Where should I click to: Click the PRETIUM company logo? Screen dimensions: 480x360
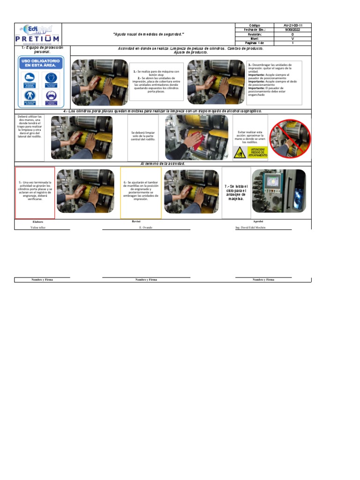pyautogui.click(x=37, y=35)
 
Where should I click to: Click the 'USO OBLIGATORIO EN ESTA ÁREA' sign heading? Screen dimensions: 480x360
pyautogui.click(x=40, y=63)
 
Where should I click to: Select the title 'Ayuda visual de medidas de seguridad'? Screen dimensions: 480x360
pyautogui.click(x=149, y=35)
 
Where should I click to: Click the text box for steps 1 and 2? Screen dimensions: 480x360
pyautogui.click(x=157, y=82)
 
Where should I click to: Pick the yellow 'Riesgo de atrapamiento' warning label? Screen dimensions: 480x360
pyautogui.click(x=250, y=152)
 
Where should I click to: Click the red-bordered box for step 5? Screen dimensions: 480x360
pyautogui.click(x=35, y=193)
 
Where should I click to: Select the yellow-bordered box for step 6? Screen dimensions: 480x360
pyautogui.click(x=141, y=193)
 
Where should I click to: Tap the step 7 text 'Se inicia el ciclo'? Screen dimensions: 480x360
pyautogui.click(x=236, y=193)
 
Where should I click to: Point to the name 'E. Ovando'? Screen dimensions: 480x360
pyautogui.click(x=146, y=227)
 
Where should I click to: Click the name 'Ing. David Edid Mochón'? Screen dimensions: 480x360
pyautogui.click(x=257, y=227)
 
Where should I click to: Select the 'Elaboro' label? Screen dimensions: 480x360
pyautogui.click(x=37, y=221)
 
